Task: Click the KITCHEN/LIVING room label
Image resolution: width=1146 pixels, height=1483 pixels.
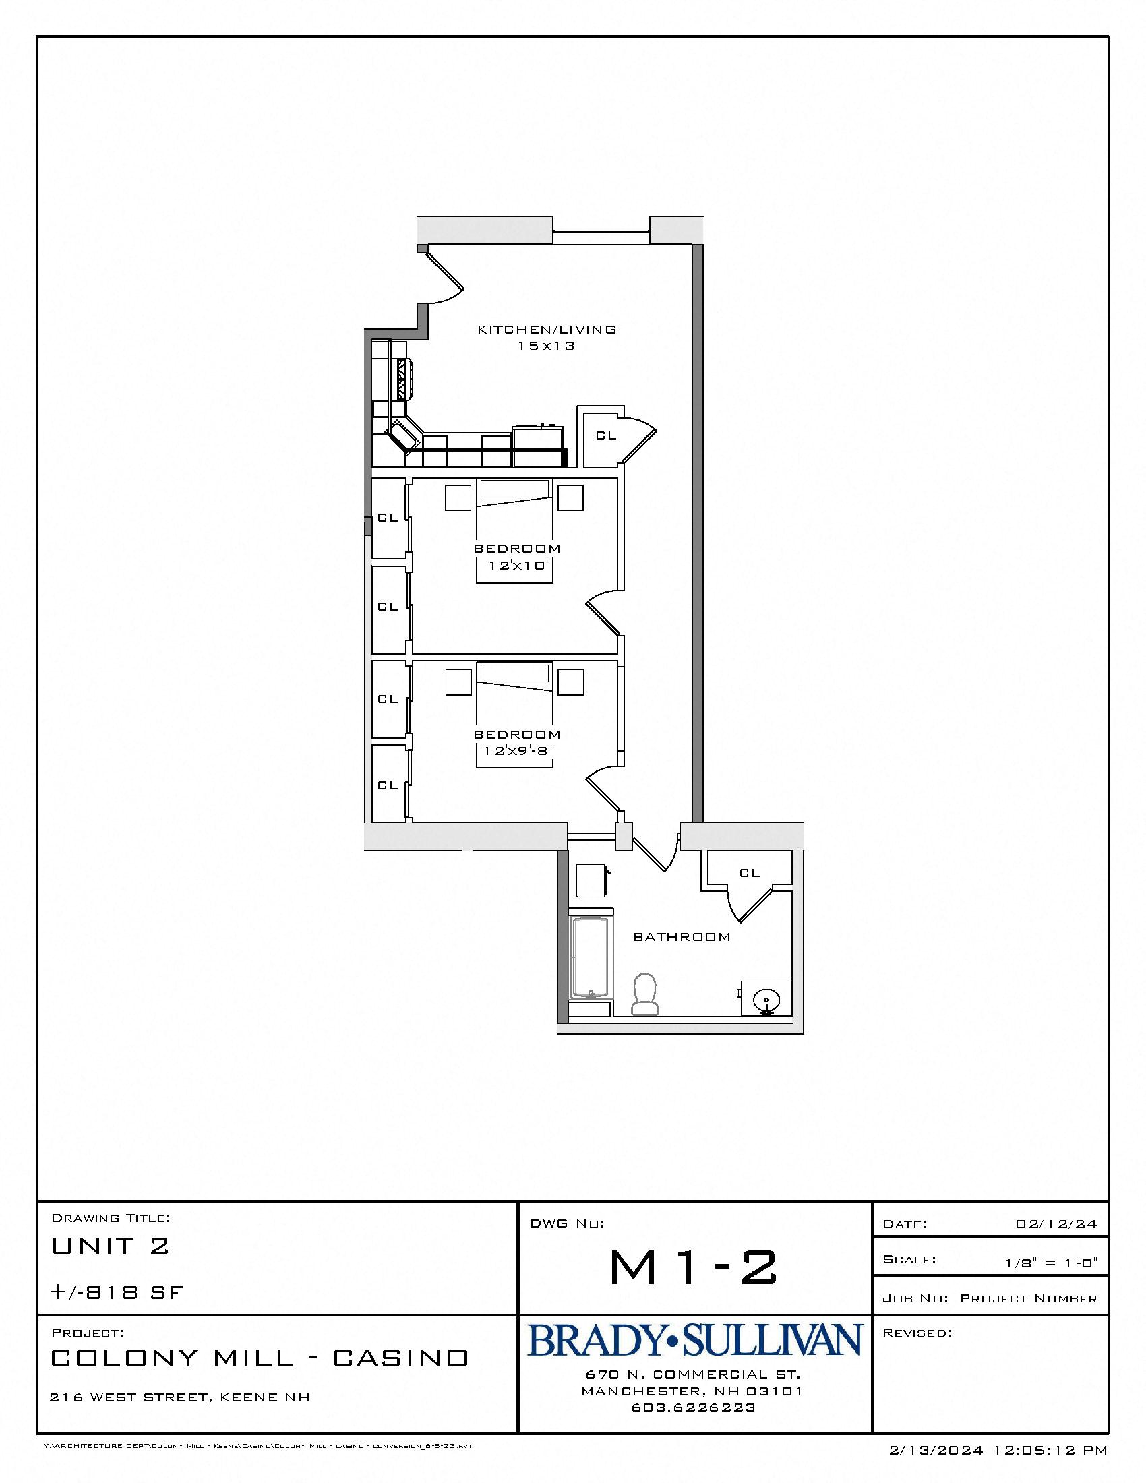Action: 547,330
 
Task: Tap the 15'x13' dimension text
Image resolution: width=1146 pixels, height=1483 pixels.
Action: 547,346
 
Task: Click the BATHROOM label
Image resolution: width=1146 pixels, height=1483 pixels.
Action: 682,937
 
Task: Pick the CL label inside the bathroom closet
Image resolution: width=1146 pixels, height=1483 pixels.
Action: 750,873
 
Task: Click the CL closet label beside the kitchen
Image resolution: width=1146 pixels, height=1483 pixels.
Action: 605,436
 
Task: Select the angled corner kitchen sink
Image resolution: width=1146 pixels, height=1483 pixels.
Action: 404,435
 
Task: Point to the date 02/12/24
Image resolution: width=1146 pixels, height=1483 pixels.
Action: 1056,1224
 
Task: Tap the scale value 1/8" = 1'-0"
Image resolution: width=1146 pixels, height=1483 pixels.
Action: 1051,1263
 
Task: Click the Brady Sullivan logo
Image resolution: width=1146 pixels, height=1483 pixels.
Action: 694,1340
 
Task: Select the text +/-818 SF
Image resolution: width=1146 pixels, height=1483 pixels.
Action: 117,1292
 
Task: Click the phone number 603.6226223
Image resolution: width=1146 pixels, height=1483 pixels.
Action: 693,1408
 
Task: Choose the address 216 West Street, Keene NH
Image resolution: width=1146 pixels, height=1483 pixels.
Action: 180,1397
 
